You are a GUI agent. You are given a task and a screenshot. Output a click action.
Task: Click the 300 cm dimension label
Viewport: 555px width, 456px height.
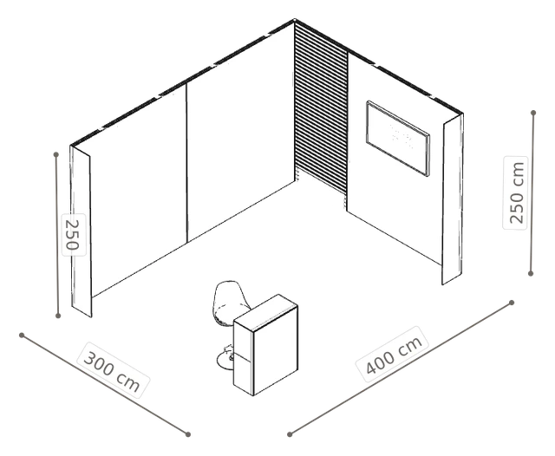(x=113, y=371)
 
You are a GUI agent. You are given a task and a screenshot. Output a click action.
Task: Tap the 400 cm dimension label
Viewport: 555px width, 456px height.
(x=393, y=355)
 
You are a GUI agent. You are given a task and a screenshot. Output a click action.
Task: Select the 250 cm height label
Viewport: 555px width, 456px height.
(x=516, y=192)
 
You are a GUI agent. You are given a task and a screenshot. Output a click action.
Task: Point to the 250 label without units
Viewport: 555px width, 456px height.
(x=74, y=235)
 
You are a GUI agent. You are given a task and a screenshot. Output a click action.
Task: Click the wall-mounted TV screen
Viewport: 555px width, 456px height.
(x=398, y=139)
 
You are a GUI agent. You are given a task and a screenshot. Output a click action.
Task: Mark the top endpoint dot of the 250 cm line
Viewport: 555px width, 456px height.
(x=533, y=113)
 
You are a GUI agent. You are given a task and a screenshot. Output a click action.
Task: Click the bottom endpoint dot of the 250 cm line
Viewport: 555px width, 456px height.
(x=530, y=273)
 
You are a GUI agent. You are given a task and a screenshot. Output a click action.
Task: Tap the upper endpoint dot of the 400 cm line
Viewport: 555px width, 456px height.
(x=512, y=303)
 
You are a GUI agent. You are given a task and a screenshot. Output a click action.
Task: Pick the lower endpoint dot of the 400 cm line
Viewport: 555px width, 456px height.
(x=290, y=434)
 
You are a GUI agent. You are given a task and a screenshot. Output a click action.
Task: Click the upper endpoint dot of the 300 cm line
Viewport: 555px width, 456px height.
(x=22, y=335)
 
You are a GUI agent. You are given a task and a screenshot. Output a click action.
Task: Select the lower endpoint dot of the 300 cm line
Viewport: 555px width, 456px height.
(x=188, y=434)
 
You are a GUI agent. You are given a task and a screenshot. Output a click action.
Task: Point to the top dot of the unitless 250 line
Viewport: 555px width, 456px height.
(x=55, y=154)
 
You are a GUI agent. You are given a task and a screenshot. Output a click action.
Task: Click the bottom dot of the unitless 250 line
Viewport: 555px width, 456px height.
(x=58, y=316)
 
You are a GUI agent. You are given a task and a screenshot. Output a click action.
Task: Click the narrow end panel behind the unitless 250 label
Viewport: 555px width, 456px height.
(x=81, y=231)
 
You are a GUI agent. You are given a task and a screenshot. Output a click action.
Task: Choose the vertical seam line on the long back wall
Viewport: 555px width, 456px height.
(x=186, y=164)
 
